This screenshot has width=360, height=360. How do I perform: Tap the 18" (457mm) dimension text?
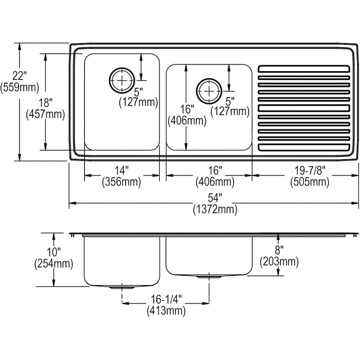pyautogui.click(x=45, y=108)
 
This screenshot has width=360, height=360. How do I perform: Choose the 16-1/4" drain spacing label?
pyautogui.click(x=166, y=304)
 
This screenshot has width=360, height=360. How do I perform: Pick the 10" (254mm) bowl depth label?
pyautogui.click(x=54, y=258)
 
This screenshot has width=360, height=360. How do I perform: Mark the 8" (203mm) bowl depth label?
pyautogui.click(x=279, y=256)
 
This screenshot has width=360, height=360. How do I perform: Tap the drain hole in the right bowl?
pyautogui.click(x=208, y=91)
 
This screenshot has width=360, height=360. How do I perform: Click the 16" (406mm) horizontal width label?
pyautogui.click(x=215, y=176)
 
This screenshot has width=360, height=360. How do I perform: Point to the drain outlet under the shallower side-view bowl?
pyautogui.click(x=208, y=276)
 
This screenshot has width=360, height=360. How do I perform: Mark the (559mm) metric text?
pyautogui.click(x=20, y=87)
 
